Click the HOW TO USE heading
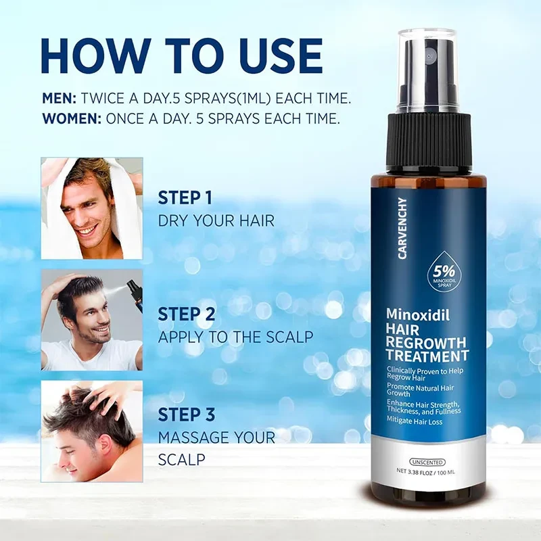(x=181, y=57)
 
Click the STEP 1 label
(x=185, y=198)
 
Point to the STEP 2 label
(x=187, y=314)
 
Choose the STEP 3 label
(x=187, y=415)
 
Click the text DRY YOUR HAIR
(x=216, y=221)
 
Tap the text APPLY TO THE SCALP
(x=236, y=337)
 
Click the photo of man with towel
(x=91, y=208)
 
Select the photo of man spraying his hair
(x=91, y=320)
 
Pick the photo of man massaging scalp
(x=91, y=431)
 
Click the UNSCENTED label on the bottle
(x=427, y=462)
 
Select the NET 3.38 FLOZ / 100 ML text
(x=427, y=471)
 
